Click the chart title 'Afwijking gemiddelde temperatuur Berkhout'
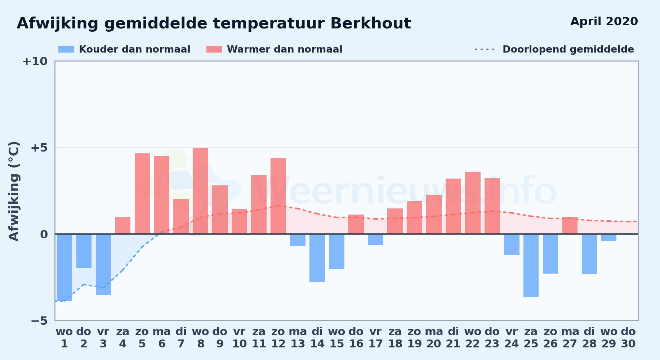point(214,23)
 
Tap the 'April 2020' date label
point(604,21)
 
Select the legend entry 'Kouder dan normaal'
point(124,49)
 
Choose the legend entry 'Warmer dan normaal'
point(274,49)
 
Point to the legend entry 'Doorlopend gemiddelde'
point(554,49)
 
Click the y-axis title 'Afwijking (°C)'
point(14,191)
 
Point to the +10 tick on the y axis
point(35,61)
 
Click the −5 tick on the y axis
point(39,320)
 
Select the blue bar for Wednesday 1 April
point(64,267)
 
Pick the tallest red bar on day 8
point(200,191)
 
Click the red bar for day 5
point(142,194)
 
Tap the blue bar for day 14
point(317,258)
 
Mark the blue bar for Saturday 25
point(531,265)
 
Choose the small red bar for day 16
point(356,224)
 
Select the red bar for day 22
point(473,203)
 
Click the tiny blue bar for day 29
point(609,238)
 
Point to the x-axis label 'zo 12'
point(278,338)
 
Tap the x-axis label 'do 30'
point(628,338)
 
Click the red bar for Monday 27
point(570,225)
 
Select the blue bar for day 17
point(375,239)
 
